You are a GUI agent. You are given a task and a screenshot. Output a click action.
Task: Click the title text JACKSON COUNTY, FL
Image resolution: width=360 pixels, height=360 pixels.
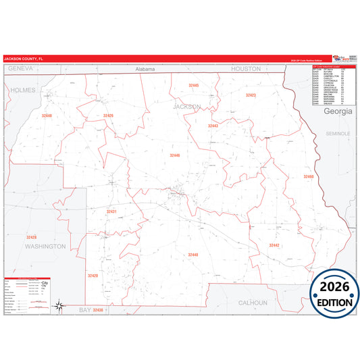pos(22,59)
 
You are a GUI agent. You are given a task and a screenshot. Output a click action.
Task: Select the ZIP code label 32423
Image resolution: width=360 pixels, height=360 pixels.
pos(251,95)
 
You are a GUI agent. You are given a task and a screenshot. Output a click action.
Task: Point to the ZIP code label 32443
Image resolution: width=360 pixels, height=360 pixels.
pos(213,126)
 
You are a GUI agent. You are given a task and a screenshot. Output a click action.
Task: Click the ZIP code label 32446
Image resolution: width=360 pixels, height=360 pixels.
pos(175,155)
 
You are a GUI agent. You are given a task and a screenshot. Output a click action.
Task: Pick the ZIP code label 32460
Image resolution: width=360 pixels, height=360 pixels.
pos(309,176)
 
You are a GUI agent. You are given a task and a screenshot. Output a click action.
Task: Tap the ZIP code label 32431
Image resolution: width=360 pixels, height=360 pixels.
pos(111,212)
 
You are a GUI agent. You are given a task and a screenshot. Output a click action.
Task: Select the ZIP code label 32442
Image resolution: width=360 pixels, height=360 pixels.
pos(274,245)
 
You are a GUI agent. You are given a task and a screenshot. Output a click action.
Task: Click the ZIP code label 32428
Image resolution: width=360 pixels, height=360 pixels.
pos(32,237)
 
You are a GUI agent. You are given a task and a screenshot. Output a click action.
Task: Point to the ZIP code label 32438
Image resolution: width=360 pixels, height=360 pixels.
pos(99,309)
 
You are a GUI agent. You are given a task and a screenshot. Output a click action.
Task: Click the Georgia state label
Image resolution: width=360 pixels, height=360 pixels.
pos(338,111)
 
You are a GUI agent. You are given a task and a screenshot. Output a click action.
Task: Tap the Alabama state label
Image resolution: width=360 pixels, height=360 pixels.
pos(145,70)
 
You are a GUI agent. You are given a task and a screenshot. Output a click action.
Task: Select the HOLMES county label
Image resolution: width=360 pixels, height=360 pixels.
pos(22,89)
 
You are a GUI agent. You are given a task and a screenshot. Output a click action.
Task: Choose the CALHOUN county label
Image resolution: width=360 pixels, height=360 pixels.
pos(253,303)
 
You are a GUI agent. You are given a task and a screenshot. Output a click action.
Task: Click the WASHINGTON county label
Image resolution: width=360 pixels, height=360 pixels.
pos(45,247)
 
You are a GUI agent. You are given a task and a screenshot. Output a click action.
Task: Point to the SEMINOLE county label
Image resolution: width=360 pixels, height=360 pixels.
pos(338,134)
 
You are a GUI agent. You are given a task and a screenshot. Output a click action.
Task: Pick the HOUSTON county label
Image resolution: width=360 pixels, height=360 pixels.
pos(245,69)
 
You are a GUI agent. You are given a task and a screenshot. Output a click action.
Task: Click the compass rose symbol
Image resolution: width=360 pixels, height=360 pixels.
pos(59,307)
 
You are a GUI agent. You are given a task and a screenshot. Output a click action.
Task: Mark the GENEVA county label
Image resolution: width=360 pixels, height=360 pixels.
pos(20,69)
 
